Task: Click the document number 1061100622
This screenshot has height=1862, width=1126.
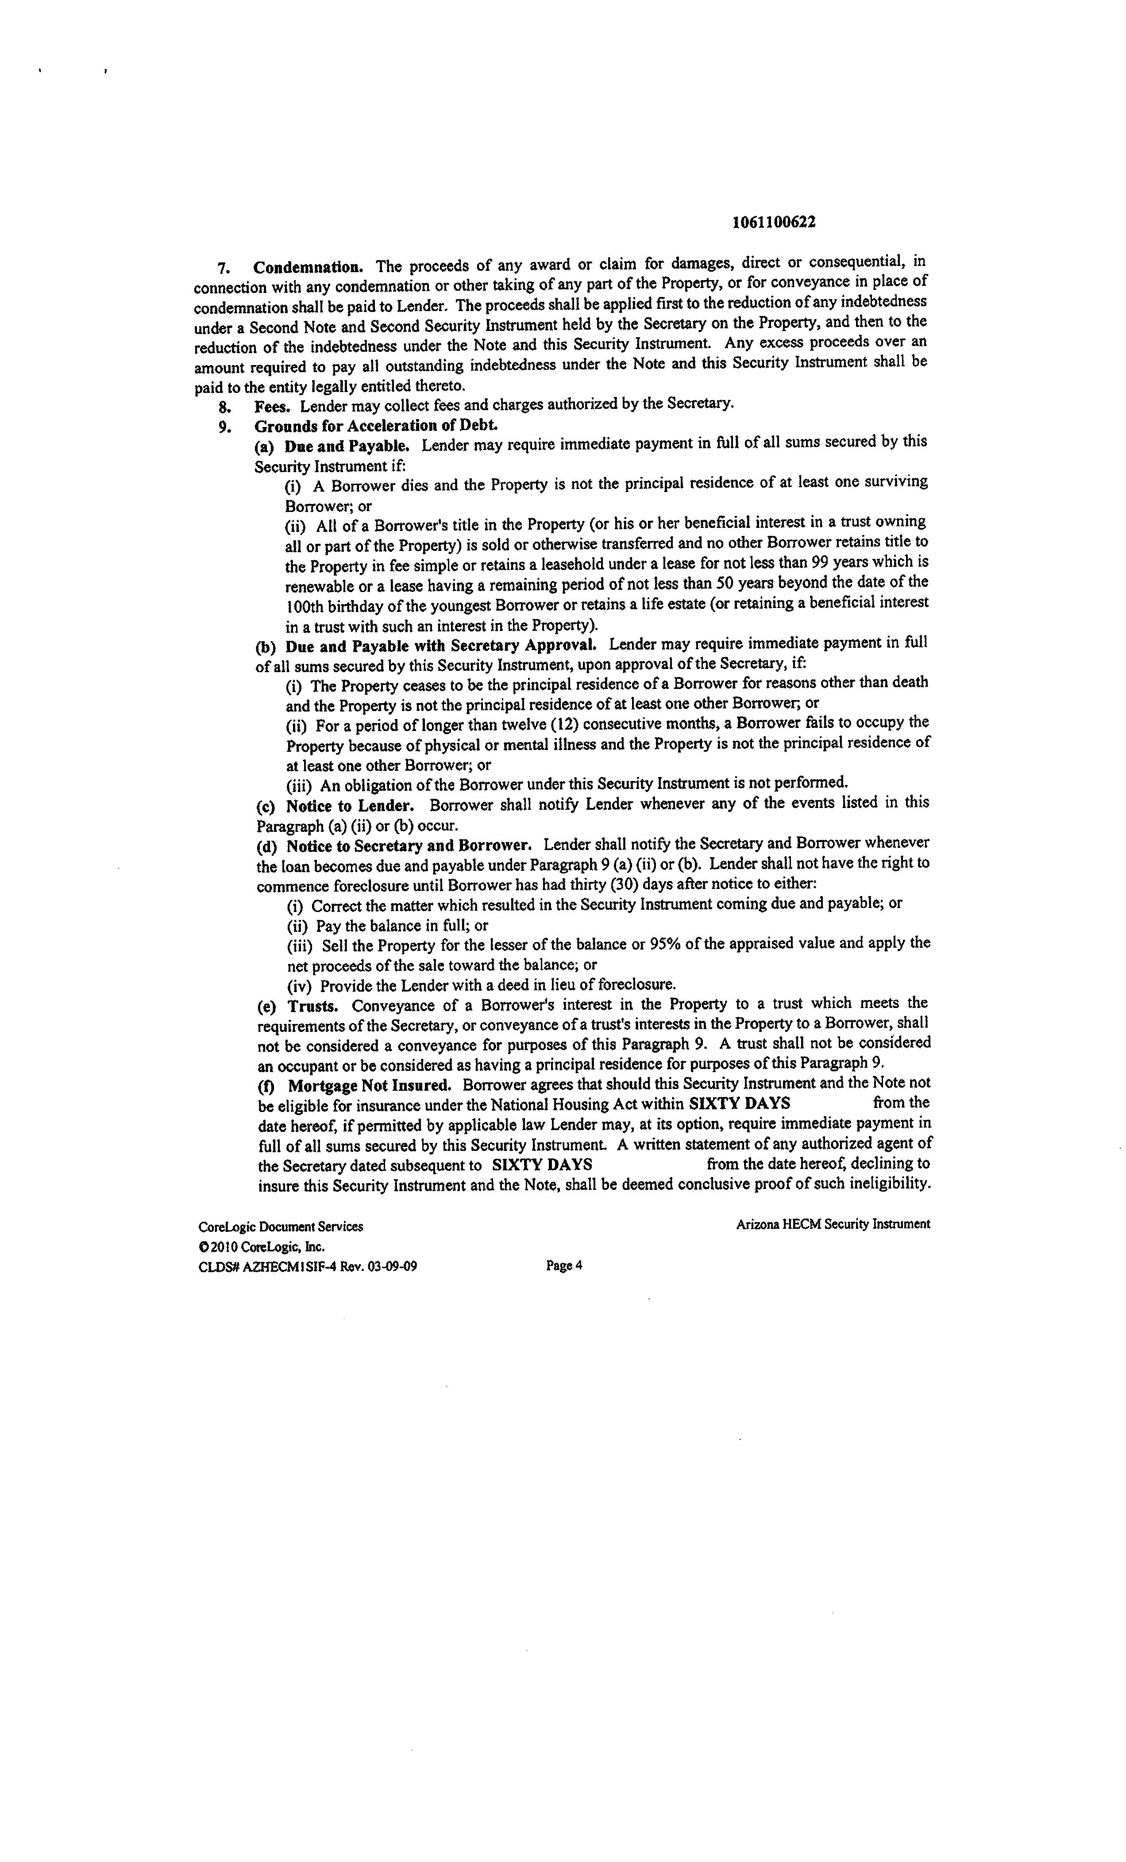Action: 774,222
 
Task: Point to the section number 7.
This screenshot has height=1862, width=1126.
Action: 223,268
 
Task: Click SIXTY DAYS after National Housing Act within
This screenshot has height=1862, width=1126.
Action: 740,1103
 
